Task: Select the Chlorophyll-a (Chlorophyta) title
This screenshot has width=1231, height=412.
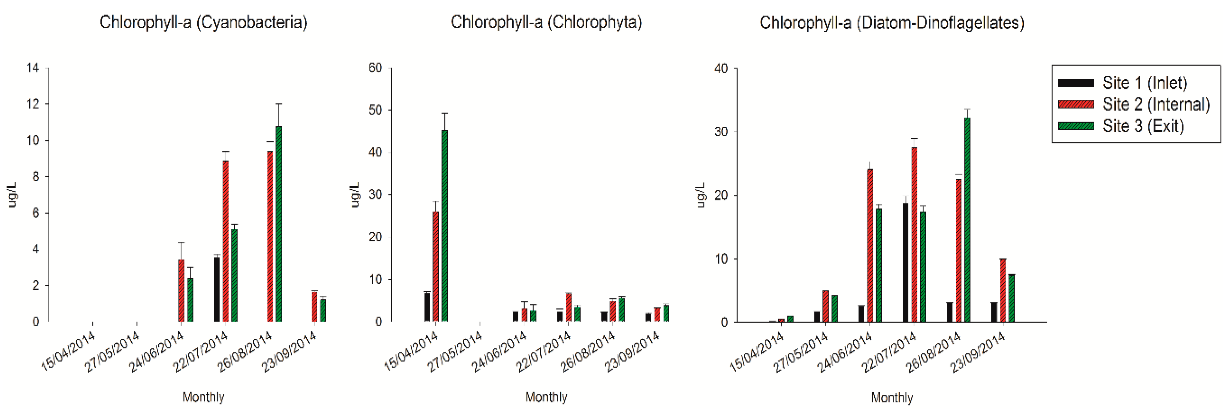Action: [x=546, y=23]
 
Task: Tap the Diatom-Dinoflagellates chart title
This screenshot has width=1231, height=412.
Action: [x=892, y=23]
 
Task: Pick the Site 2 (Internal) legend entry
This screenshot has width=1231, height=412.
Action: [x=1155, y=105]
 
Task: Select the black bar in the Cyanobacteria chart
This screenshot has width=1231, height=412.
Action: [x=217, y=290]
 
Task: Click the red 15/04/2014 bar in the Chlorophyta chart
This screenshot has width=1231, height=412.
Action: [x=436, y=266]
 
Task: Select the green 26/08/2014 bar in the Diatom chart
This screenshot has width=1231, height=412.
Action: [x=967, y=220]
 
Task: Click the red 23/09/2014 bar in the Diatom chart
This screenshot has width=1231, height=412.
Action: [x=1002, y=290]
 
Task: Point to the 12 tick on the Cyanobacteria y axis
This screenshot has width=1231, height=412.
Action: [x=33, y=104]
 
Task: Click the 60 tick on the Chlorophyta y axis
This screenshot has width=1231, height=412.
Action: [x=375, y=68]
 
